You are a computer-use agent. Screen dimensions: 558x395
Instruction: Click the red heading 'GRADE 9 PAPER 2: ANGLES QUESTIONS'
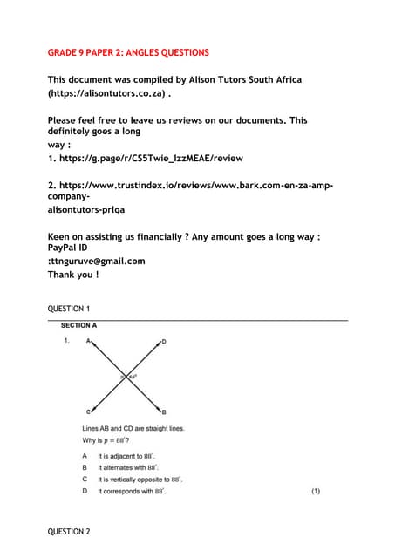tap(128, 53)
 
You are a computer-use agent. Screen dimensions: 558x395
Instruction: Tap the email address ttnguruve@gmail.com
tap(98, 261)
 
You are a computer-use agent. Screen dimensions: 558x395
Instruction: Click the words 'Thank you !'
tap(73, 275)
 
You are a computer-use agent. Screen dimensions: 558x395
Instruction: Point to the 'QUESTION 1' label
tap(69, 309)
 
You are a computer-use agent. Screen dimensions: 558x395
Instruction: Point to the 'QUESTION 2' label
tap(69, 531)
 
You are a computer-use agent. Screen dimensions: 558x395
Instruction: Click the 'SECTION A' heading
tap(79, 325)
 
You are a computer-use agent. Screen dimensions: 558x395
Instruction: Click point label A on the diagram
tap(88, 342)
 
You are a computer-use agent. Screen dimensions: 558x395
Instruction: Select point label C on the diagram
tap(88, 411)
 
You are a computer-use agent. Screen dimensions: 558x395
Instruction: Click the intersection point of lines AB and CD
tap(126, 376)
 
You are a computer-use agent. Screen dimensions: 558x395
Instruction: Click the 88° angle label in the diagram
tap(134, 376)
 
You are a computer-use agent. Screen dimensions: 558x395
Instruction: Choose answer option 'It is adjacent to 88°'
tap(126, 456)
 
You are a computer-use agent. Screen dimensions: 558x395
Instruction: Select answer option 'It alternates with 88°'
tap(126, 467)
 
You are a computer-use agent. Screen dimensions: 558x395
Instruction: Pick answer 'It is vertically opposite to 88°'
tap(140, 480)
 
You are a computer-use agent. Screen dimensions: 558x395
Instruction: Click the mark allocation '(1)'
tap(316, 492)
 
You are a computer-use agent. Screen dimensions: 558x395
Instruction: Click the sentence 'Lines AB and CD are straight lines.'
tap(133, 428)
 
